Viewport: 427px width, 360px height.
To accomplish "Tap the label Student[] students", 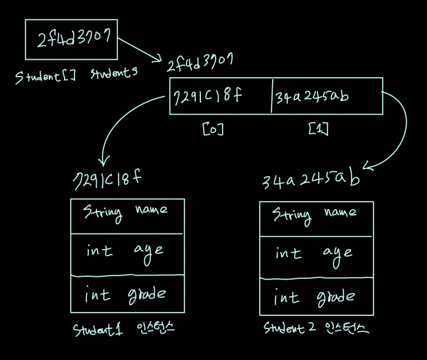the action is [x=76, y=75].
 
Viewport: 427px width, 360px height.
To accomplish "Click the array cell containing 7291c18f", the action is [x=220, y=96].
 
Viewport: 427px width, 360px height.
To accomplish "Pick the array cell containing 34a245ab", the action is [x=326, y=96].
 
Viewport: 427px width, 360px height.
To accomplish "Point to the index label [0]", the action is [x=213, y=130].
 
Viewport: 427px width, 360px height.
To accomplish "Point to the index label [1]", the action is [x=318, y=130].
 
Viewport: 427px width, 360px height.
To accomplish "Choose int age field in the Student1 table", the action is [x=127, y=252].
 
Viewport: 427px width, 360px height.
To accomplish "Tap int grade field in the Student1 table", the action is [x=127, y=294].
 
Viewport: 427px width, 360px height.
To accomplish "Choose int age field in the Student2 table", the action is [x=316, y=255].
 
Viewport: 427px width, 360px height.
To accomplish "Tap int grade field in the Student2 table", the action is [x=316, y=297].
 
